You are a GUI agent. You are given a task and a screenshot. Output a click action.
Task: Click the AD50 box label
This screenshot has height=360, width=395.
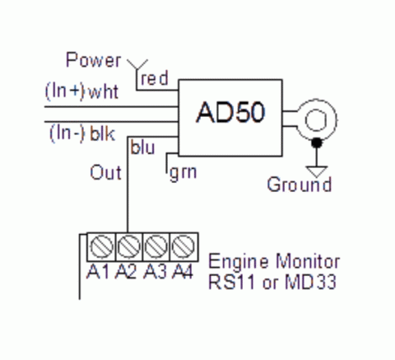pyautogui.click(x=230, y=113)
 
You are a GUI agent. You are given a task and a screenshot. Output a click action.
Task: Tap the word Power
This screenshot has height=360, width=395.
pyautogui.click(x=93, y=60)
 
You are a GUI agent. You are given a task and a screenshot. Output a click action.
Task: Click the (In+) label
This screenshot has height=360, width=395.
pyautogui.click(x=64, y=91)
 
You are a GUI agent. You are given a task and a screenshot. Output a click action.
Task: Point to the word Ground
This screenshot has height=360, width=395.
pyautogui.click(x=299, y=185)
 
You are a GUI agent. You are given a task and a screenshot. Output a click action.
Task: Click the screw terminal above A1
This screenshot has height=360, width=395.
pyautogui.click(x=103, y=246)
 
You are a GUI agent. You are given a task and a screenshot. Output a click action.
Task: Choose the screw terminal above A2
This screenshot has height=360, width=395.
pyautogui.click(x=128, y=246)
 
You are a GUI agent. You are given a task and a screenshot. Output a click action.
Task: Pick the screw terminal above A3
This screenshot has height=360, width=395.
pyautogui.click(x=156, y=246)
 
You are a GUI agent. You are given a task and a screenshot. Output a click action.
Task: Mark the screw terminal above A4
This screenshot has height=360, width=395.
pyautogui.click(x=182, y=246)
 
